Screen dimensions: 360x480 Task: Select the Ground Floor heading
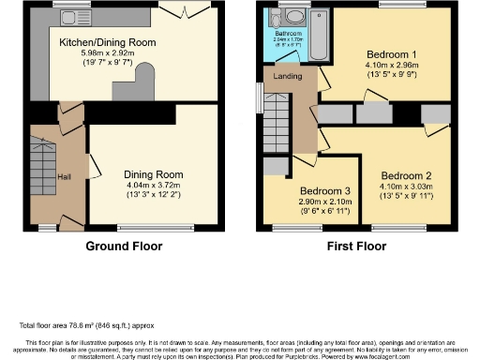tap(124, 247)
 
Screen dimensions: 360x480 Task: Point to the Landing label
tap(286, 75)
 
